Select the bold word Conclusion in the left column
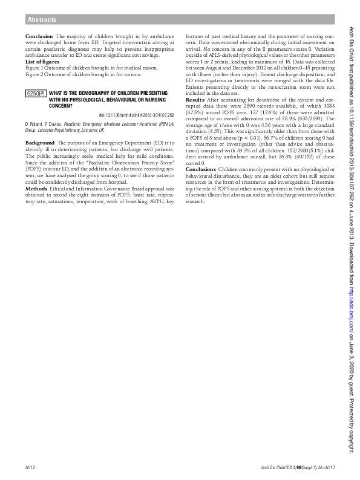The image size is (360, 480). pyautogui.click(x=39, y=36)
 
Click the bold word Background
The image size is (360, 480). pyautogui.click(x=40, y=142)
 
